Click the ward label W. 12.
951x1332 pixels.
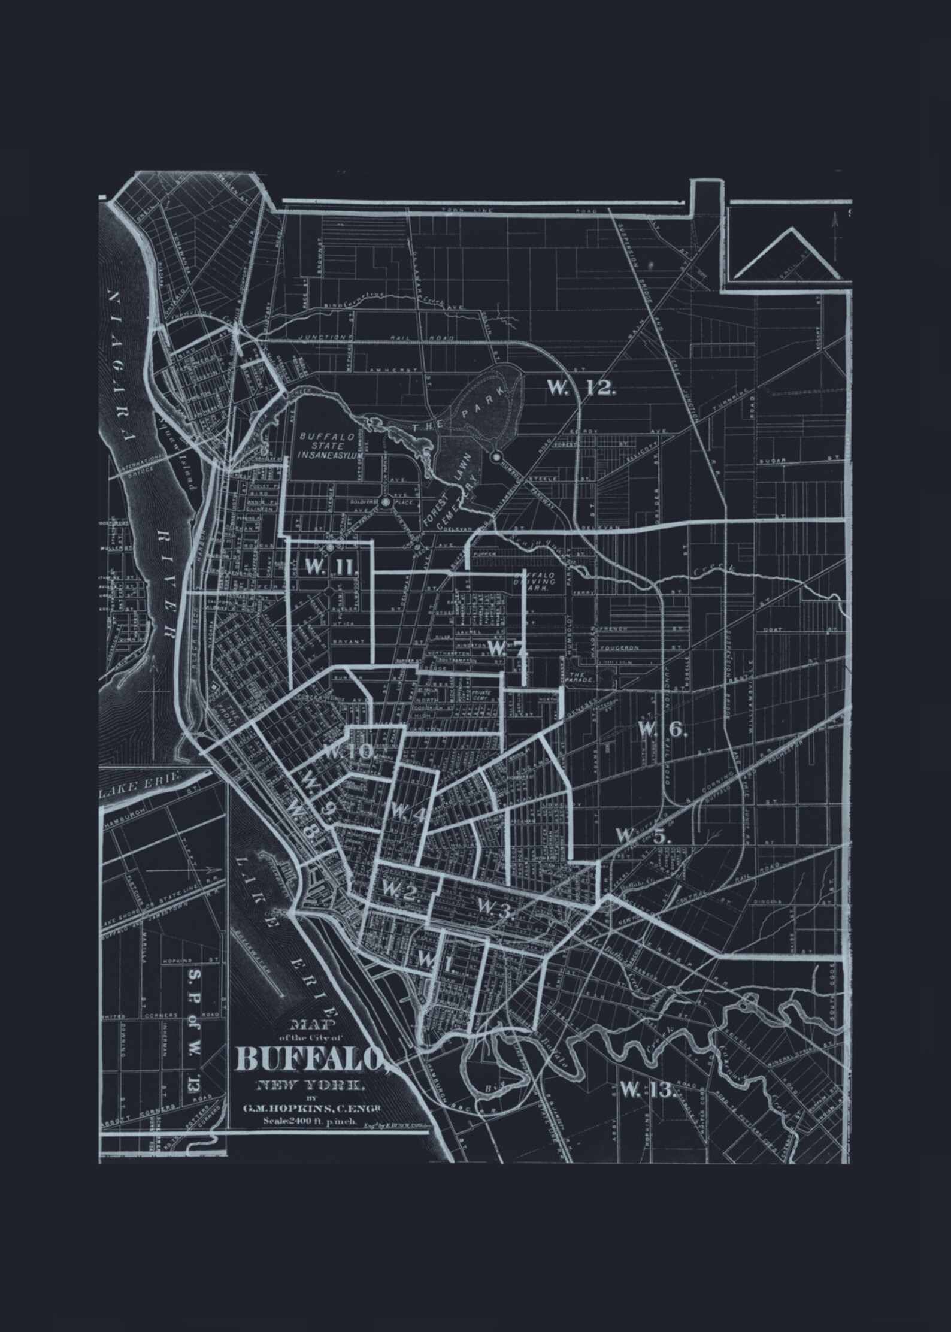pyautogui.click(x=581, y=388)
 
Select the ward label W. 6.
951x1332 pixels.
pyautogui.click(x=662, y=729)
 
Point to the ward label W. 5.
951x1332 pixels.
pyautogui.click(x=644, y=835)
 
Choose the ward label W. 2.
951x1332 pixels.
pyautogui.click(x=400, y=892)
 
